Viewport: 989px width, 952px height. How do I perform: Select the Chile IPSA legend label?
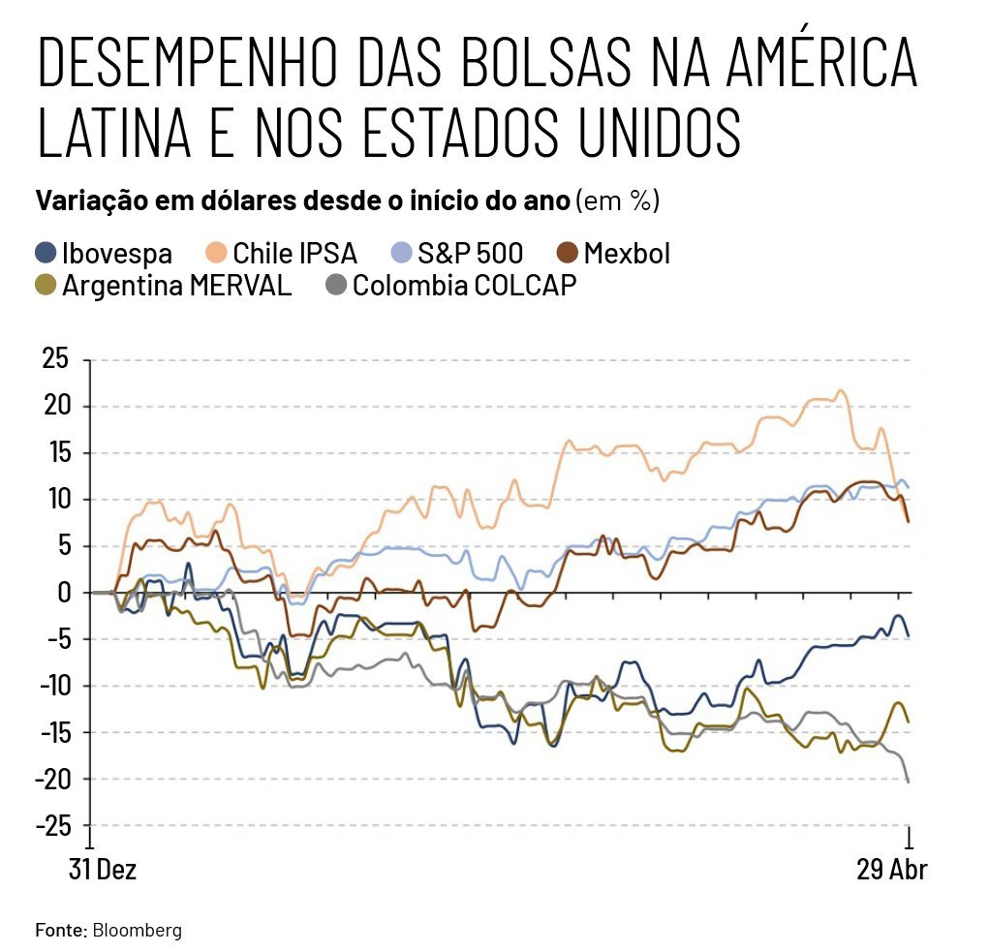click(294, 254)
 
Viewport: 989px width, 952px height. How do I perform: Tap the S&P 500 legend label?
click(470, 254)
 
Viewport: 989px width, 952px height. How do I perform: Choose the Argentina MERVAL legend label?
click(176, 286)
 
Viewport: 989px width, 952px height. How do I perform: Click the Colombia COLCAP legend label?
click(464, 286)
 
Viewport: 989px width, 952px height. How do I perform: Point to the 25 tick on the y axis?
click(56, 359)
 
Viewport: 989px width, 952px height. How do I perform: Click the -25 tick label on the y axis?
click(52, 826)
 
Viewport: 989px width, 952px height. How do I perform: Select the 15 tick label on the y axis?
click(56, 452)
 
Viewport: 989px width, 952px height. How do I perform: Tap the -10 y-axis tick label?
click(52, 686)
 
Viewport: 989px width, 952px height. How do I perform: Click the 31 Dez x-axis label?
click(103, 870)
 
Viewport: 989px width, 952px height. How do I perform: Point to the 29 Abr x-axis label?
click(892, 870)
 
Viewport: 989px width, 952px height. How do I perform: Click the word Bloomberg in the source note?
click(138, 931)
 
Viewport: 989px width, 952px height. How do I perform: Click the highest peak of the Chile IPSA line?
click(840, 390)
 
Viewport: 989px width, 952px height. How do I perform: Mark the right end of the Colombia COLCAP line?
click(908, 782)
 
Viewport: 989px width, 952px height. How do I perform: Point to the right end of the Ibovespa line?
click(908, 636)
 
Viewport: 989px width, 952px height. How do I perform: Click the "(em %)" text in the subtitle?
click(617, 201)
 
